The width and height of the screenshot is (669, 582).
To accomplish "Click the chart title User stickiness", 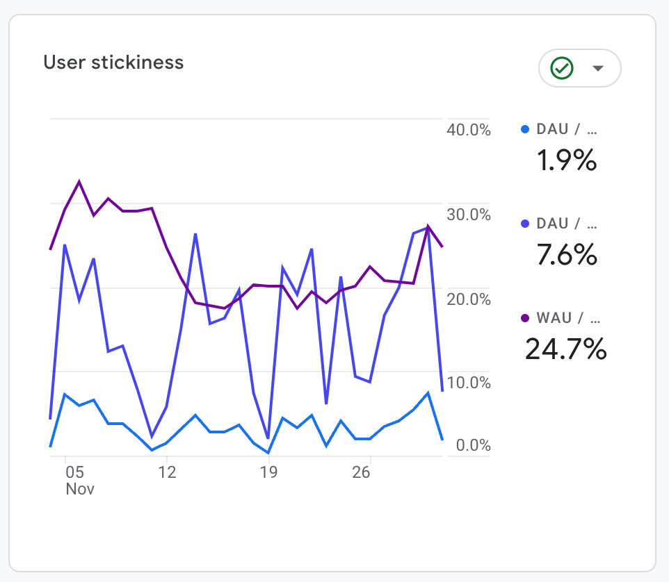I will click(113, 63).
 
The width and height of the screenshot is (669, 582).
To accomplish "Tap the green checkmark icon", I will click(561, 68).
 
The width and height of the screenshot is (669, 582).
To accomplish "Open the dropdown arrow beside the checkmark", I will click(597, 68).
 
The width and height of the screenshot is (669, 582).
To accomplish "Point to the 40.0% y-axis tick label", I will click(468, 130).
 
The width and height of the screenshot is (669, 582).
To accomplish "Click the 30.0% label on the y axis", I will click(468, 215).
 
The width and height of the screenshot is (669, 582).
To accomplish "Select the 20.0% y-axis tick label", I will click(468, 299).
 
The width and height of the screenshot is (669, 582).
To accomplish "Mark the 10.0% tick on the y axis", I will click(468, 383).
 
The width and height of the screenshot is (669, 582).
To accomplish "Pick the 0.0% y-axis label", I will click(473, 445).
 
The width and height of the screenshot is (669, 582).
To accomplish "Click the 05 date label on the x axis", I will click(74, 473).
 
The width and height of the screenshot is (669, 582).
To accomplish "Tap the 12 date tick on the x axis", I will click(167, 473).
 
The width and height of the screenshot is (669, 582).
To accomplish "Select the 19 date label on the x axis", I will click(268, 473).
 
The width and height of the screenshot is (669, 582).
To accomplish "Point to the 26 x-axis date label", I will click(361, 473).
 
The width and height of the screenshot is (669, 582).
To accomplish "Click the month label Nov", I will click(80, 489).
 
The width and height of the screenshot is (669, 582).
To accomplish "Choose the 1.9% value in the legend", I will click(566, 161).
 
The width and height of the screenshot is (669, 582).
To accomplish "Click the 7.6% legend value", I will click(566, 256).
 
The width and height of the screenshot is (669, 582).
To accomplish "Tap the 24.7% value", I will click(565, 349).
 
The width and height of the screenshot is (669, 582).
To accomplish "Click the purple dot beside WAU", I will click(525, 318).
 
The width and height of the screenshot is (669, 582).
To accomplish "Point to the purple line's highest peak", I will click(79, 182).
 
